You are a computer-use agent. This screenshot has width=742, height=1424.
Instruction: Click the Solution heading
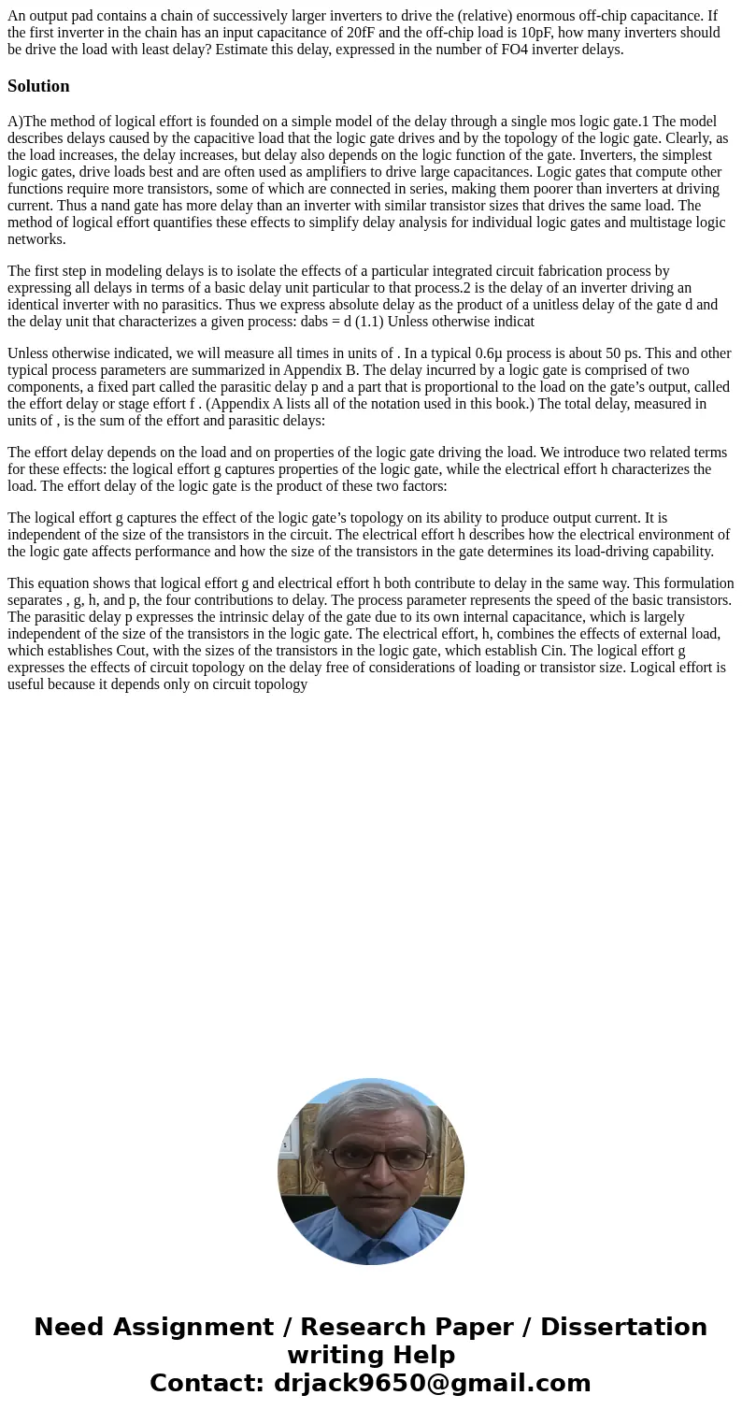coord(38,86)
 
